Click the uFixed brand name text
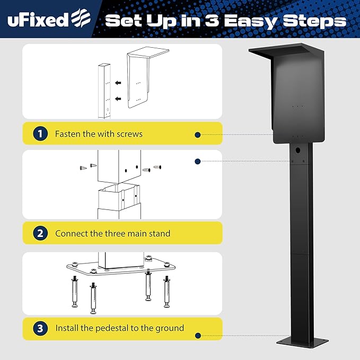[38, 20]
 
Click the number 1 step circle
[40, 134]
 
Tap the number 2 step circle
[40, 233]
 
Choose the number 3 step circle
[40, 328]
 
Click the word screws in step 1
[130, 134]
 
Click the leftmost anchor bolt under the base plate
[75, 293]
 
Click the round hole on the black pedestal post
[298, 151]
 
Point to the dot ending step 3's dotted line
[197, 336]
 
